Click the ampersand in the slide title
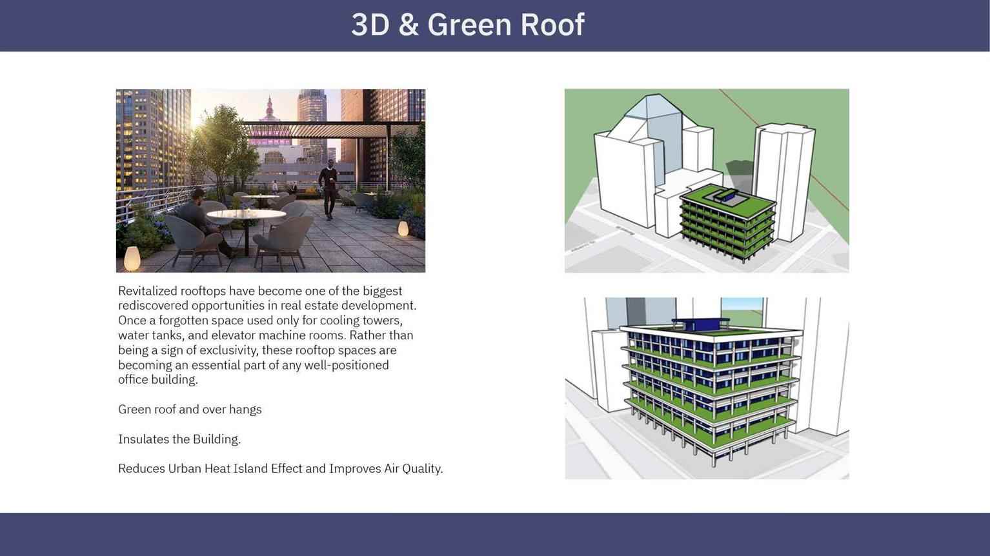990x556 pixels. [409, 25]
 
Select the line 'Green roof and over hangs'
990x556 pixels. [190, 410]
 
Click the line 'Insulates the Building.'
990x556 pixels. [179, 439]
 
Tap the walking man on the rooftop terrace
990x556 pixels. [328, 189]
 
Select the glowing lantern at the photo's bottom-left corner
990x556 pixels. [132, 259]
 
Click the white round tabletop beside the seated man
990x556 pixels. [246, 214]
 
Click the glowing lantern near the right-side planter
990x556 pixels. [403, 229]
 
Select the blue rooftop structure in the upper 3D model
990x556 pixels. [724, 195]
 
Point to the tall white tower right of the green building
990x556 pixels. [783, 181]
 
